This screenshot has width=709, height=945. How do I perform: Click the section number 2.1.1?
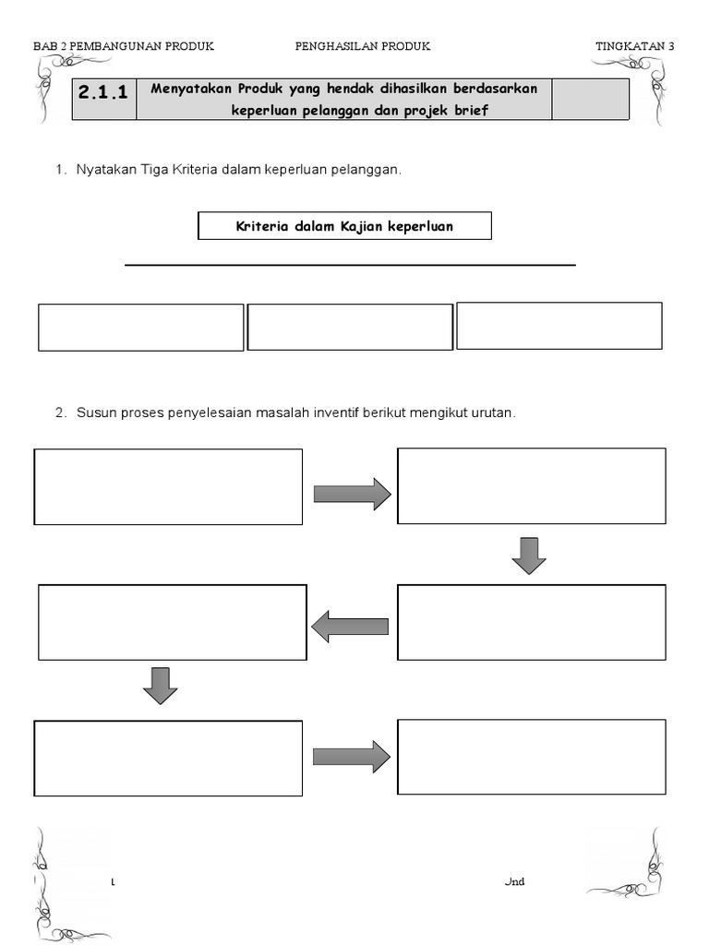tap(103, 92)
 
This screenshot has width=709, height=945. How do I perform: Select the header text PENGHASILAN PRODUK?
tap(362, 46)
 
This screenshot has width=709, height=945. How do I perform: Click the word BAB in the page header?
tap(44, 46)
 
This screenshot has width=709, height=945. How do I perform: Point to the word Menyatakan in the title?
tap(191, 89)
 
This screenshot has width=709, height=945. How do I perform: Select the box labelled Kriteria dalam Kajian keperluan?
tap(344, 226)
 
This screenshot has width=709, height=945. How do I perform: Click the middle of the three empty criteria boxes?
tap(350, 328)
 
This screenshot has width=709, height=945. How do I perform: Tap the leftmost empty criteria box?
tap(140, 328)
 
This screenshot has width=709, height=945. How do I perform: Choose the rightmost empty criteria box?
tap(559, 326)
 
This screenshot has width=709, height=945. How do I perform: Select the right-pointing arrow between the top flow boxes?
tap(352, 494)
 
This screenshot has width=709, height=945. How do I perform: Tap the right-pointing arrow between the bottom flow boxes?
tap(351, 757)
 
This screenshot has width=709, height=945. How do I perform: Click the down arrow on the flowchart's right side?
tap(529, 556)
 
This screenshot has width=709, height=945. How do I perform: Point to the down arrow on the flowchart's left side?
tap(160, 686)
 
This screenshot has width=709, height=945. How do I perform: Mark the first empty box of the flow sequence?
tap(168, 486)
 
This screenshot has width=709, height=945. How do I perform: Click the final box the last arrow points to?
tap(531, 757)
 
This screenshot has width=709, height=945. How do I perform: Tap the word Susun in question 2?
tap(94, 413)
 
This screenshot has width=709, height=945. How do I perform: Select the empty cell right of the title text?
tap(590, 99)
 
